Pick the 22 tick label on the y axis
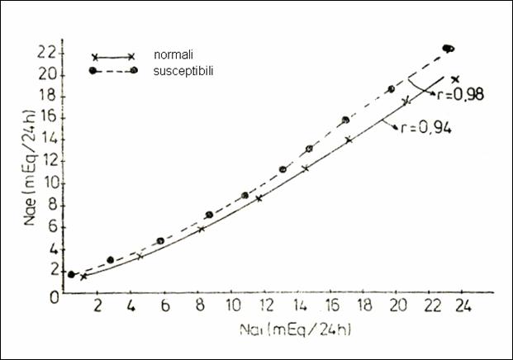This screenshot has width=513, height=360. coord(50,52)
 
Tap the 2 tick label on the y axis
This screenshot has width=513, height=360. coord(52,269)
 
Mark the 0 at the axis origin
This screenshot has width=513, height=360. coord(52,294)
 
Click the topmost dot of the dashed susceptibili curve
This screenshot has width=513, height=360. coord(449,49)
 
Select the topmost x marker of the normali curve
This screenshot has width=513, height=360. coord(455,79)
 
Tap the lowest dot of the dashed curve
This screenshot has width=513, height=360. coord(72,274)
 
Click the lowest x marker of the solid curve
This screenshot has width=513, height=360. coord(83,277)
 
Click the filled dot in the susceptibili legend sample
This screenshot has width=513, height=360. coord(95,72)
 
